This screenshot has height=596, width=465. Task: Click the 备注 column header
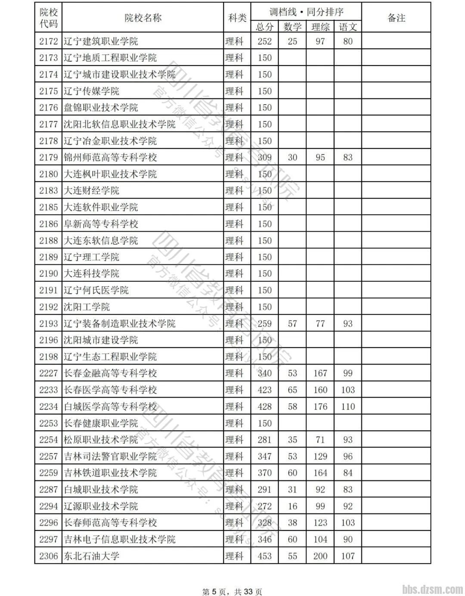pyautogui.click(x=396, y=18)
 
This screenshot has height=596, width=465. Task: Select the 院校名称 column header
pyautogui.click(x=143, y=18)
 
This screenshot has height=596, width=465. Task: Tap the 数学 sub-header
pyautogui.click(x=292, y=27)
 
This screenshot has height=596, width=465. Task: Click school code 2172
pyautogui.click(x=48, y=41)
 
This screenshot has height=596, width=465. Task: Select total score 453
pyautogui.click(x=264, y=556)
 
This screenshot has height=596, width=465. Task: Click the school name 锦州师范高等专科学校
pyautogui.click(x=110, y=157)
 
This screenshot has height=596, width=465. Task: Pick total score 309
pyautogui.click(x=264, y=157)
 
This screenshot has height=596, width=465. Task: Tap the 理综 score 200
pyautogui.click(x=320, y=556)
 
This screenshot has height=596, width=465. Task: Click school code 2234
pyautogui.click(x=48, y=407)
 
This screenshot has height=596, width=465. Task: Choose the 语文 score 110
pyautogui.click(x=347, y=407)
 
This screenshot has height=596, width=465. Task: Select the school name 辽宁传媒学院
pyautogui.click(x=91, y=91)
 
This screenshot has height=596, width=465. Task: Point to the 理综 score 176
pyautogui.click(x=320, y=407)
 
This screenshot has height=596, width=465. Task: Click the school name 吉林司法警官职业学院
pyautogui.click(x=110, y=456)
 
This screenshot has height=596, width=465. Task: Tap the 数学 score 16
pyautogui.click(x=292, y=506)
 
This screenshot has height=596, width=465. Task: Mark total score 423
pyautogui.click(x=264, y=390)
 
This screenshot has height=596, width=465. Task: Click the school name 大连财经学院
pyautogui.click(x=91, y=190)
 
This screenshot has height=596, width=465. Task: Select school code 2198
pyautogui.click(x=48, y=357)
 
